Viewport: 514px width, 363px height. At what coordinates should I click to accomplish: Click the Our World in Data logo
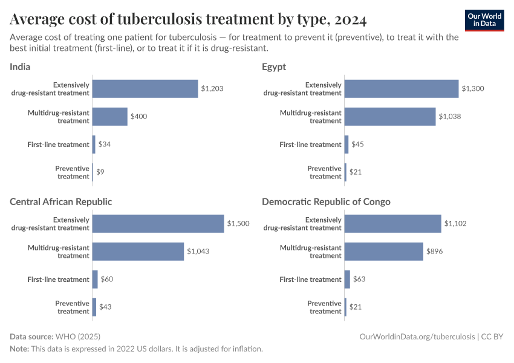coord(484,20)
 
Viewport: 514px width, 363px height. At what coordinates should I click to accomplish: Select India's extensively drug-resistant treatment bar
coord(145,89)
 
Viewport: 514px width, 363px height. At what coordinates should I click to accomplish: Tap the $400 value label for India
coord(139,117)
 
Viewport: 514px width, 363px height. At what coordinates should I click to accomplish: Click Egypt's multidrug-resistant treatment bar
coord(390,117)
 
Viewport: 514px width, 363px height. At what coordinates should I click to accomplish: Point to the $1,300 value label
coord(472,89)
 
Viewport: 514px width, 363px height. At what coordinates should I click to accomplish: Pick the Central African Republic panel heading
coord(60,201)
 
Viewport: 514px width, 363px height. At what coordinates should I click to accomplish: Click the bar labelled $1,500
coord(158,224)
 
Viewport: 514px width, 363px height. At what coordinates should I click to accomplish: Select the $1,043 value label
coord(198,252)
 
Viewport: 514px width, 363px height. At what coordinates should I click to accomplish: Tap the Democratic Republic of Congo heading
coord(326,201)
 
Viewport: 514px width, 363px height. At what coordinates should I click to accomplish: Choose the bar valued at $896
coord(384,252)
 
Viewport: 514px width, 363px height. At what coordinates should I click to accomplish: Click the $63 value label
coord(359,280)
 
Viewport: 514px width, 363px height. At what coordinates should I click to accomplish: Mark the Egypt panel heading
coord(274,67)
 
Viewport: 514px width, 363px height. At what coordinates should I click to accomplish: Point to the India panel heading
coord(20,67)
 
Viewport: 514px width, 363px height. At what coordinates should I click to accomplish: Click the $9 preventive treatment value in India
coord(100,172)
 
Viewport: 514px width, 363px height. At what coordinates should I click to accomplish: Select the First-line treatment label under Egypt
coord(311,145)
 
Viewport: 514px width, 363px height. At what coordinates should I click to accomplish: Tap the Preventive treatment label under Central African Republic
coord(73,307)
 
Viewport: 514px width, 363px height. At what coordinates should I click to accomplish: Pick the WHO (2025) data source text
coord(77,336)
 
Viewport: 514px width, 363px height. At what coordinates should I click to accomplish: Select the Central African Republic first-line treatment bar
coord(95,280)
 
